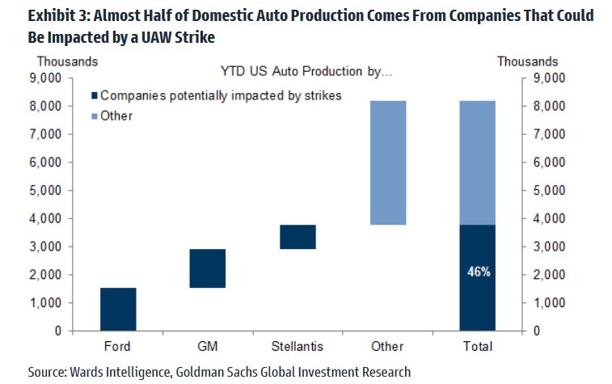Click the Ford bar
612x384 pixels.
point(118,309)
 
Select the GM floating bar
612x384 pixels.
point(208,268)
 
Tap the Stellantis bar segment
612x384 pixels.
point(298,237)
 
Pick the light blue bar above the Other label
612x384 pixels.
point(387,162)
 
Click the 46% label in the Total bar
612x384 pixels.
point(478,272)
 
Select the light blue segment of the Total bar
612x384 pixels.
point(477,162)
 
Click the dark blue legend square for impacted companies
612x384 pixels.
point(91,95)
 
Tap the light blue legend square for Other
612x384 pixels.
point(91,116)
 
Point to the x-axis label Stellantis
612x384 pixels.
point(298,346)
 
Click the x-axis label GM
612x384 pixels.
point(208,346)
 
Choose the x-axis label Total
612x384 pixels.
point(477,346)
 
